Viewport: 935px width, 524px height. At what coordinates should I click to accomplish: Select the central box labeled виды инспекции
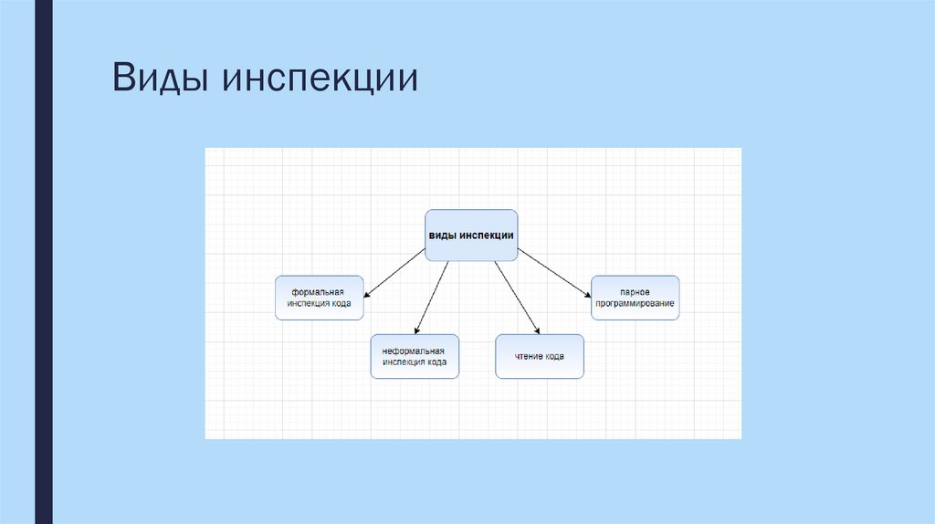click(x=471, y=236)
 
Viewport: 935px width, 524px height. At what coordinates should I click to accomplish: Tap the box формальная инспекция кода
click(x=320, y=298)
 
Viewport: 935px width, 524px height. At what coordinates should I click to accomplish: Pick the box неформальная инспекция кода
click(x=415, y=356)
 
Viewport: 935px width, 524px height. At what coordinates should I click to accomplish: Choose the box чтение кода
click(x=540, y=356)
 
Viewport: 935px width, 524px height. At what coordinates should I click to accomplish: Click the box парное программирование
click(x=636, y=298)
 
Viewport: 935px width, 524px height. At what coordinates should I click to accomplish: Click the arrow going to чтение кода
click(x=517, y=298)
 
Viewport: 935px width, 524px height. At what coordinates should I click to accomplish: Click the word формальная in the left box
click(x=319, y=291)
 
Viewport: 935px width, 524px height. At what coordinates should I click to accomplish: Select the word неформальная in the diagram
click(x=414, y=351)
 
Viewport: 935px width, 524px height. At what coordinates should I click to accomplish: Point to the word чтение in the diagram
click(x=529, y=357)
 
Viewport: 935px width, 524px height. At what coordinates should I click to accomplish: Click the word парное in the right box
click(x=636, y=291)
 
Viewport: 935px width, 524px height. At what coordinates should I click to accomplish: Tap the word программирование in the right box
click(x=636, y=303)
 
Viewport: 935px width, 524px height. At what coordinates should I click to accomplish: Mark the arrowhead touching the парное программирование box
click(x=586, y=293)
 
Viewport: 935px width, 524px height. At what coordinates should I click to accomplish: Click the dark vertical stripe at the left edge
click(x=43, y=262)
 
